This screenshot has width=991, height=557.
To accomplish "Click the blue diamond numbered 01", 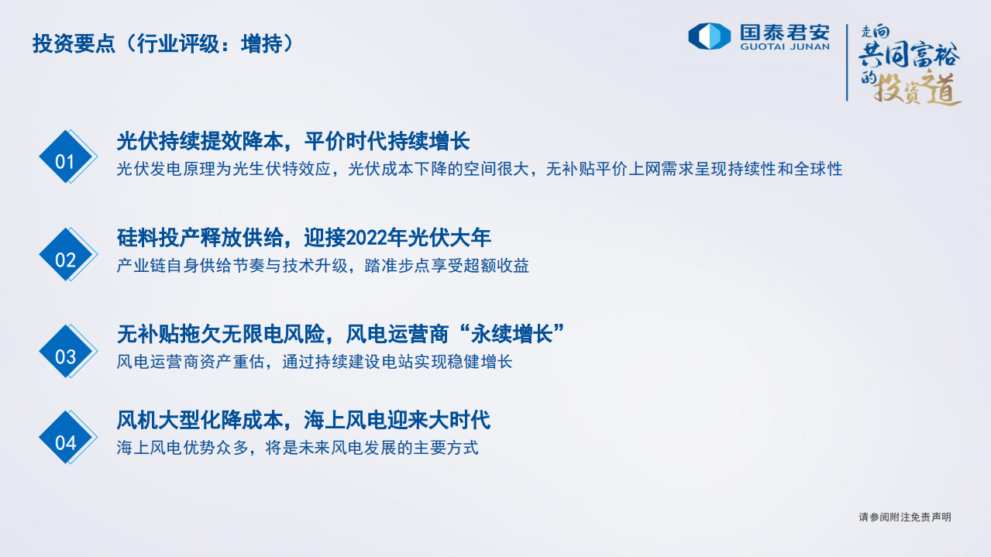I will click(x=65, y=160).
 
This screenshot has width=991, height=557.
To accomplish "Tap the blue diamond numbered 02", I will click(x=65, y=259).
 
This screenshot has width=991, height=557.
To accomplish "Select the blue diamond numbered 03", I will click(x=65, y=356).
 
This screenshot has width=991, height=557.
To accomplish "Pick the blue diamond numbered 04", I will click(x=65, y=442).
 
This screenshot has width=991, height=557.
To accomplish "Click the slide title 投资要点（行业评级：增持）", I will click(x=163, y=44).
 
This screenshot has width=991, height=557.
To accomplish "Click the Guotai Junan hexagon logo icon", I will click(x=709, y=36).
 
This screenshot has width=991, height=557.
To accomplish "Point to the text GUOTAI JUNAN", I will click(x=785, y=46).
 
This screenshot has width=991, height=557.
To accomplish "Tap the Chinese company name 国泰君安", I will click(x=785, y=32).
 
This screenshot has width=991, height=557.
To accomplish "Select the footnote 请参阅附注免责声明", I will click(x=904, y=517).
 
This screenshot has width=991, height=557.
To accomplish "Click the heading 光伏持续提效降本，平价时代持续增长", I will click(x=293, y=142).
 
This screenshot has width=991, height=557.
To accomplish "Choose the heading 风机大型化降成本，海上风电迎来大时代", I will click(x=303, y=420).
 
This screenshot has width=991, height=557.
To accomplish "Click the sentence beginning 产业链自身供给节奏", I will click(x=322, y=266).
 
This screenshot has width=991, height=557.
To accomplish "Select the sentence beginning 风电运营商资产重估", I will click(x=314, y=362).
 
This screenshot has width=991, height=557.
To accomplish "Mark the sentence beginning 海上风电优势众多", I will click(x=297, y=448).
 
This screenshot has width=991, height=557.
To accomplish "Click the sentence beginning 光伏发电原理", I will click(x=479, y=169).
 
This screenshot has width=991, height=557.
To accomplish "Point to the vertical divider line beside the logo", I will click(x=847, y=62).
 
